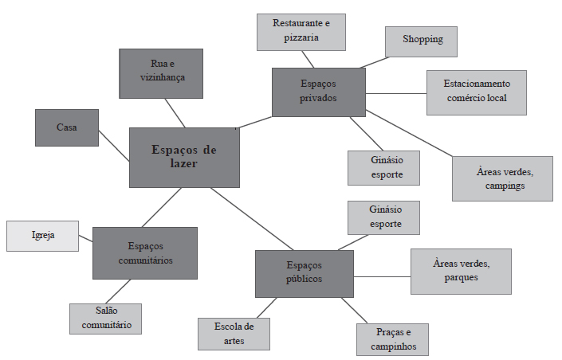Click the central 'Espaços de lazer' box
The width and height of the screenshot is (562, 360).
pos(184,157)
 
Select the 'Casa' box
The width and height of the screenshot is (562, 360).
pos(67,127)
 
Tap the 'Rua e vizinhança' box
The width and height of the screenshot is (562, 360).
pos(161,73)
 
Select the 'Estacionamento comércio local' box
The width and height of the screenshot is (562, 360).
pos(477,92)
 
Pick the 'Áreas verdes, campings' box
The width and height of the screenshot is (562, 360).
pos(502,178)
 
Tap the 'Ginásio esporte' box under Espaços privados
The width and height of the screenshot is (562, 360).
pos(383,167)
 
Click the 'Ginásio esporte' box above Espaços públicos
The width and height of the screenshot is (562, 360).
pos(383,217)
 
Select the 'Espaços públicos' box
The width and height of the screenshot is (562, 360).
pos(304,273)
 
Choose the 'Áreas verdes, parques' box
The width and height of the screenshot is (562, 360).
pos(461,271)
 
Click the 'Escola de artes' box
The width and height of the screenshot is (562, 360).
pos(234,334)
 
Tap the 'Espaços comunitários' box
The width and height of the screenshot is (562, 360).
pos(145,252)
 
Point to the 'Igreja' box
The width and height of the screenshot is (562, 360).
pos(43,236)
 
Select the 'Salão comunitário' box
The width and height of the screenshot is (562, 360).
pos(105,319)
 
